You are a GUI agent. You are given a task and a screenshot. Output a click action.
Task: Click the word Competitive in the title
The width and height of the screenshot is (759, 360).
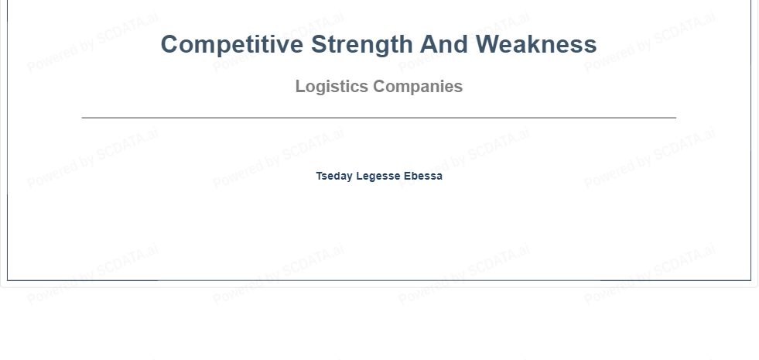tap(232, 45)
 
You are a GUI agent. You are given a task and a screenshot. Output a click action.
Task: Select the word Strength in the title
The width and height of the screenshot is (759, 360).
tap(361, 45)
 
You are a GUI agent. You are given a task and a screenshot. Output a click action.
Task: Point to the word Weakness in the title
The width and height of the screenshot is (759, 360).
tap(536, 44)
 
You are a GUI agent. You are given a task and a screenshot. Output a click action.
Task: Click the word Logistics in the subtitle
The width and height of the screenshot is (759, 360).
tap(332, 87)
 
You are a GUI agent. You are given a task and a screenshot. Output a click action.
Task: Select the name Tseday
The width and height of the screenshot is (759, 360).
tap(334, 177)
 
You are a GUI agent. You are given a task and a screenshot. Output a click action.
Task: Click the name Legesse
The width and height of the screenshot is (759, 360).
tap(378, 177)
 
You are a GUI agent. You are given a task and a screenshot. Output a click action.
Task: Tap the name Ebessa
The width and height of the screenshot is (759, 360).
tap(423, 176)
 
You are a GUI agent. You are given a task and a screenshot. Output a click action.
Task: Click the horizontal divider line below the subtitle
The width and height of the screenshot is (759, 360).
tap(379, 118)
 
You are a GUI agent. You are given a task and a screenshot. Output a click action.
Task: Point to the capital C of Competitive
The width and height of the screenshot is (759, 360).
tap(170, 44)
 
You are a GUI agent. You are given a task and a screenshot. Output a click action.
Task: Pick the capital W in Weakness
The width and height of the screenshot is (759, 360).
tap(489, 44)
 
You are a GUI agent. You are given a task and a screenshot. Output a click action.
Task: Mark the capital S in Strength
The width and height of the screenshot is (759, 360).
tap(320, 44)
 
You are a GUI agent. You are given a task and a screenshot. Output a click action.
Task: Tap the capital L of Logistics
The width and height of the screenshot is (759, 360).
tap(301, 86)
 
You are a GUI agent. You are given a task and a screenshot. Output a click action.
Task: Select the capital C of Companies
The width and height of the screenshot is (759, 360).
tap(379, 86)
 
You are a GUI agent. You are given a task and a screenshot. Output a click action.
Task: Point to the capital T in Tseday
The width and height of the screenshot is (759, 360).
tap(320, 176)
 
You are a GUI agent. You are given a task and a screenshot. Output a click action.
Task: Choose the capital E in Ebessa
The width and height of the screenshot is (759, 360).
tap(408, 176)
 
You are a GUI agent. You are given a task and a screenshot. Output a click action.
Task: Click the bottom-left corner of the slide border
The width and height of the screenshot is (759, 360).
tap(7, 280)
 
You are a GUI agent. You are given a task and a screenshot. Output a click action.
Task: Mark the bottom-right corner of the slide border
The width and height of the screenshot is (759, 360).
tap(750, 280)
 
